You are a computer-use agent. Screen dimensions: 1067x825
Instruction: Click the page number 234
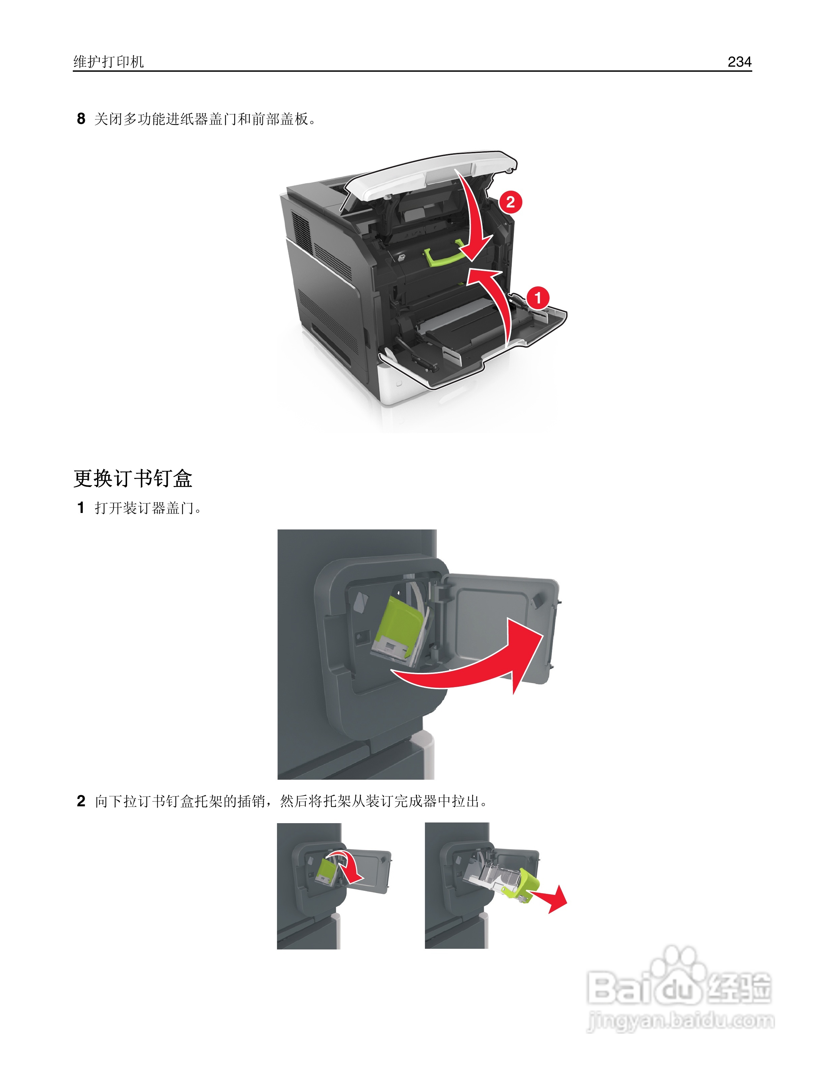pos(739,62)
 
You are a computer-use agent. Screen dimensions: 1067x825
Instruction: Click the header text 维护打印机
pos(109,62)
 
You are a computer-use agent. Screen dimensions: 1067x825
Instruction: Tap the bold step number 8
pos(81,119)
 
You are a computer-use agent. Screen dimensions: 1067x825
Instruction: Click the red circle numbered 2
pos(510,202)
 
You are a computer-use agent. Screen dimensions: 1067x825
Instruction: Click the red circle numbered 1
pos(538,297)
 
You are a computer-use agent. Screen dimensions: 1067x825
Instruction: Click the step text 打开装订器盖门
pos(148,508)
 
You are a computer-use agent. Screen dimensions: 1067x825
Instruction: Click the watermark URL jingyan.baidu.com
pos(680,1020)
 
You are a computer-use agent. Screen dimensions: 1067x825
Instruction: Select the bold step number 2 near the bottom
pos(81,801)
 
